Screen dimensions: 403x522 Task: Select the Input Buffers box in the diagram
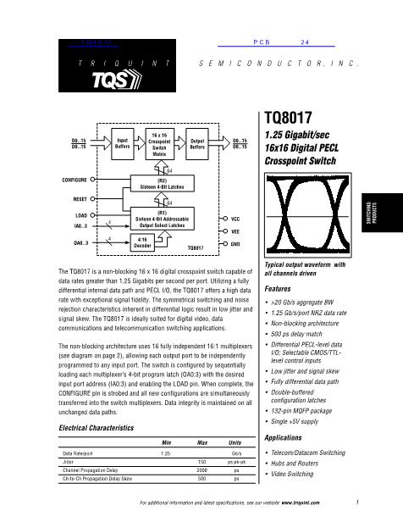click(122, 144)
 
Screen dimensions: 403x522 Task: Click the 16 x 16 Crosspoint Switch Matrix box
click(161, 144)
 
